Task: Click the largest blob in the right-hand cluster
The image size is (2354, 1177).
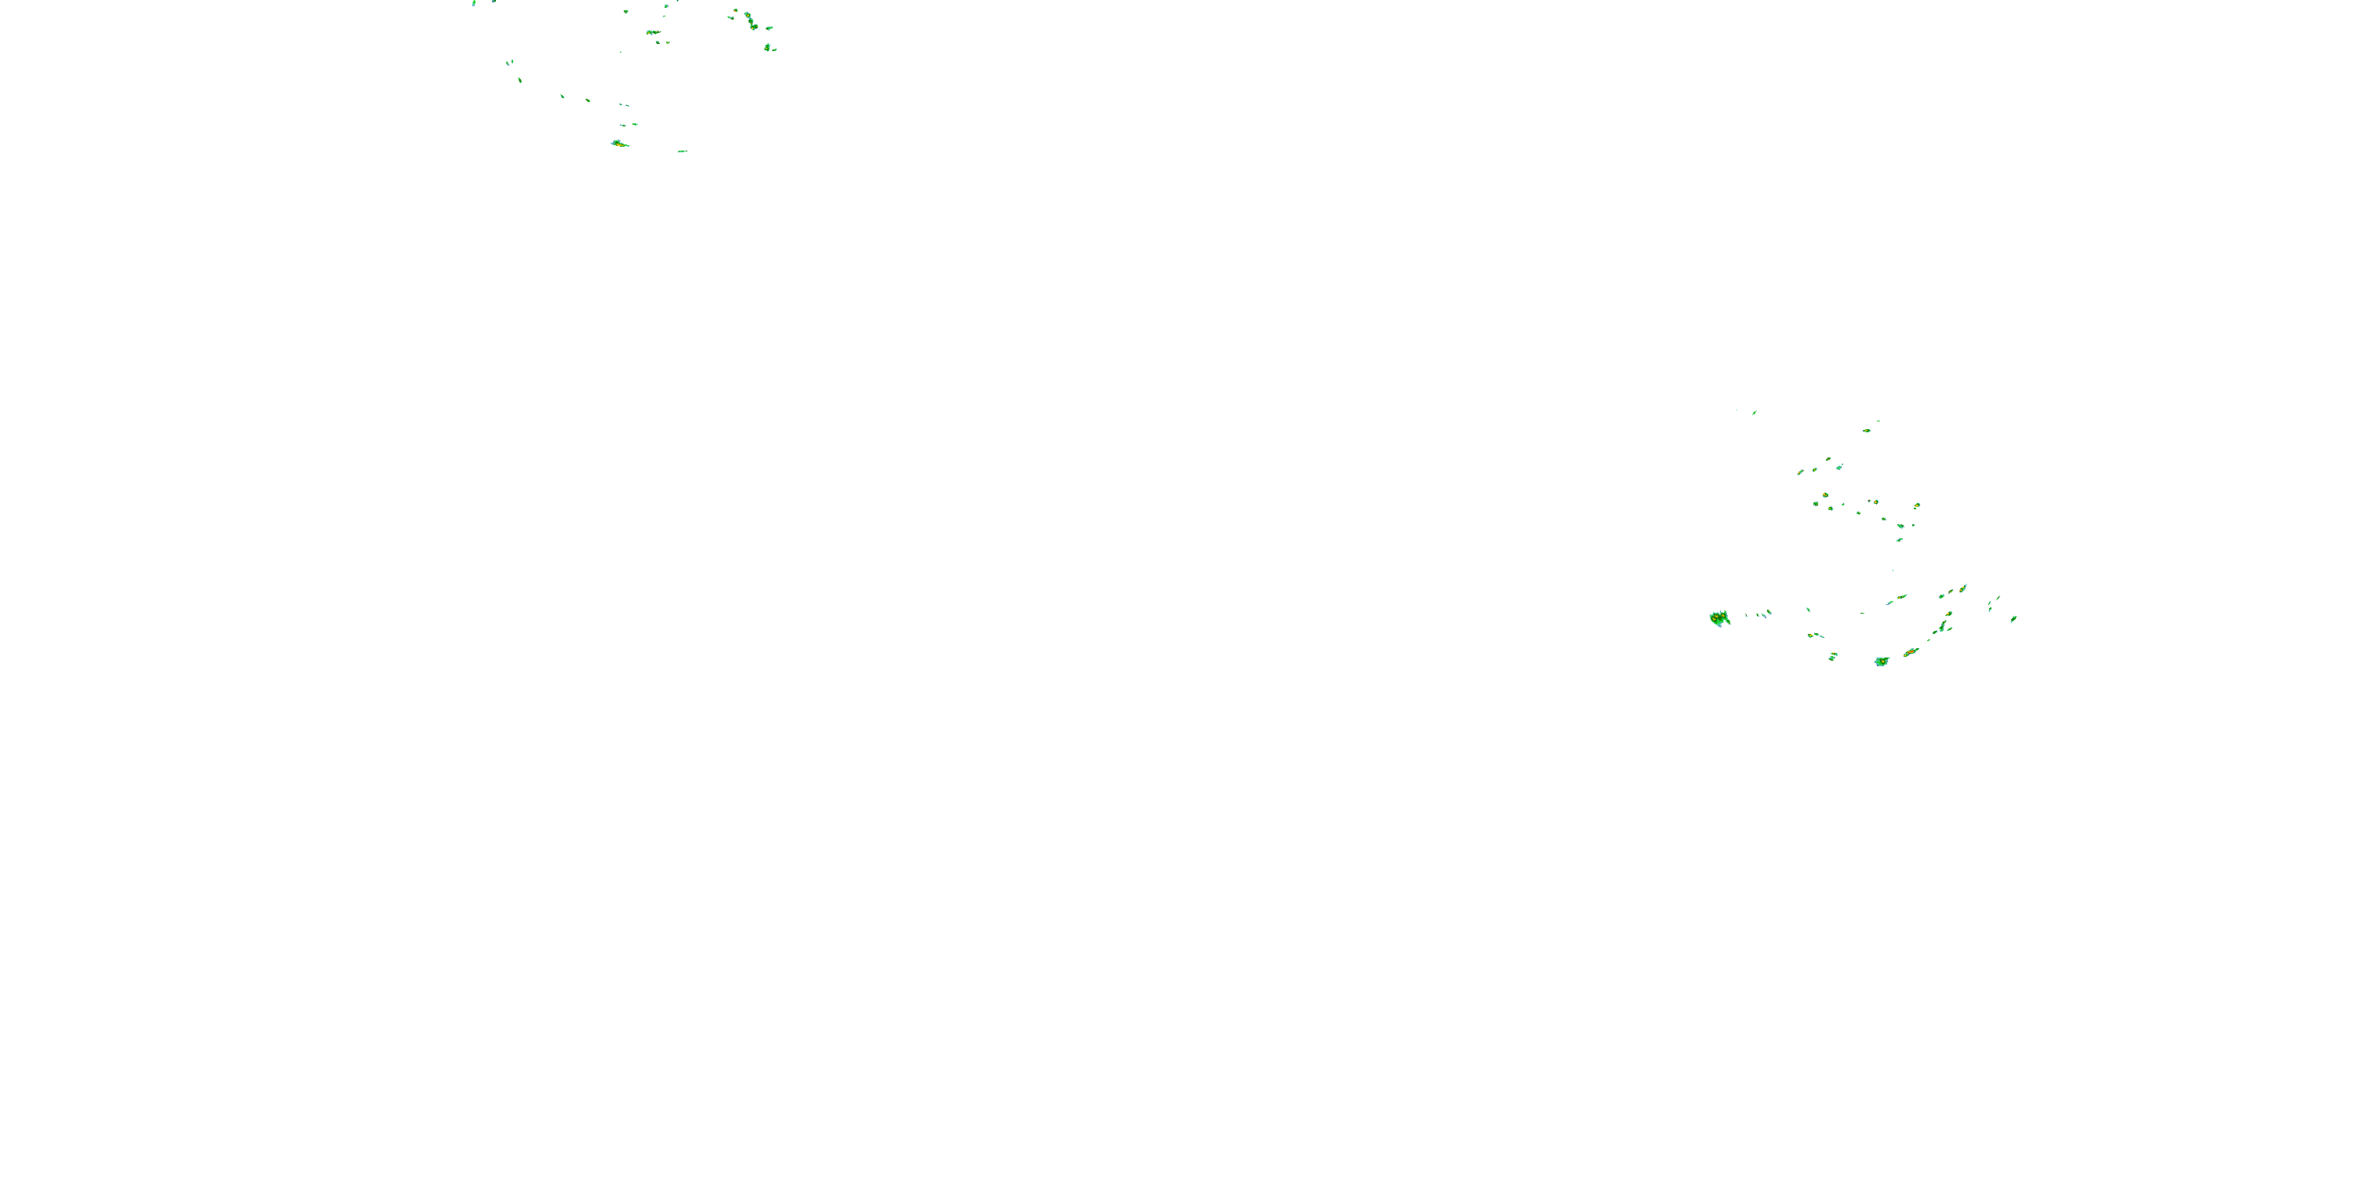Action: tap(1720, 618)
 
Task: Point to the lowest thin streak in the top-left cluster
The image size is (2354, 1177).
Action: tap(682, 151)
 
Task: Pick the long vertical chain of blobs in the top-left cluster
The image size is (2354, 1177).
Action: tap(749, 18)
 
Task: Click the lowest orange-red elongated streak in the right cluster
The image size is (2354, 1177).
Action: tap(1910, 651)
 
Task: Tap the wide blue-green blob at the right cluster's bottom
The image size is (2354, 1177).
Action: tap(1881, 661)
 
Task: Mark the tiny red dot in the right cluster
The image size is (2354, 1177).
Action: tap(1810, 635)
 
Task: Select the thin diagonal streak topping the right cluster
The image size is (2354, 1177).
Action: tap(1755, 412)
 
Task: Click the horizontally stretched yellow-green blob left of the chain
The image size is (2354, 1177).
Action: tap(654, 33)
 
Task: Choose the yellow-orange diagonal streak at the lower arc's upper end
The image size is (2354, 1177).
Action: tap(1962, 588)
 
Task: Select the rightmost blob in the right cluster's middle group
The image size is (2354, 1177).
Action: tap(1916, 505)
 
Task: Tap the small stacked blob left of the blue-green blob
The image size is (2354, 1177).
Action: tap(1832, 656)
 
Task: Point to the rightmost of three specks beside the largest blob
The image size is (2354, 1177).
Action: tap(1769, 611)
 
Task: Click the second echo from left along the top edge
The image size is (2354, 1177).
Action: tap(494, 2)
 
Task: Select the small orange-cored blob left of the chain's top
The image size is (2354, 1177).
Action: tap(734, 13)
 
